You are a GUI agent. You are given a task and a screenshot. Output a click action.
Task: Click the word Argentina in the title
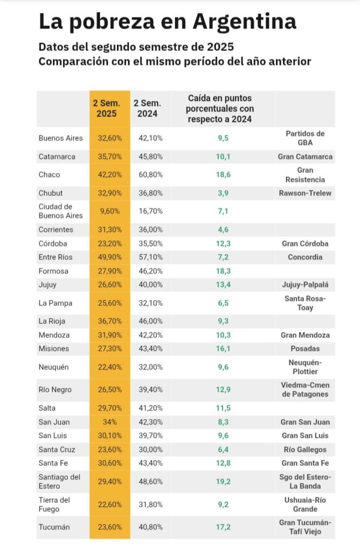(244, 21)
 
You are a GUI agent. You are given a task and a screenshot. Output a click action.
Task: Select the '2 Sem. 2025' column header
(106, 108)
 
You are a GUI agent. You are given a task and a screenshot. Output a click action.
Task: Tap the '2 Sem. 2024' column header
(147, 108)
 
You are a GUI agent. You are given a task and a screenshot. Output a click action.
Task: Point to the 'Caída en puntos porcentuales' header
(220, 108)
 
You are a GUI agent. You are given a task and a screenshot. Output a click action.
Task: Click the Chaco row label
(49, 175)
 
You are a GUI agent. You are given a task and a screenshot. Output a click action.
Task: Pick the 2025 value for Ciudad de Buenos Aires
(110, 211)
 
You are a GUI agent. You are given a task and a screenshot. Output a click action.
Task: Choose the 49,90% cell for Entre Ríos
(110, 257)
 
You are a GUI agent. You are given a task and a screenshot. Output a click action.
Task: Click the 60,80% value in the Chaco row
(150, 175)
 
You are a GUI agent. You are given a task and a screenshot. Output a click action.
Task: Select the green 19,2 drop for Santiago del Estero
(223, 482)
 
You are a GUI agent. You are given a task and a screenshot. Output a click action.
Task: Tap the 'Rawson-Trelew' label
(305, 193)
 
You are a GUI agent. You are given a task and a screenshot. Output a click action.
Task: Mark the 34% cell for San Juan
(110, 422)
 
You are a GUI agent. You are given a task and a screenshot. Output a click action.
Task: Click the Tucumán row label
(54, 527)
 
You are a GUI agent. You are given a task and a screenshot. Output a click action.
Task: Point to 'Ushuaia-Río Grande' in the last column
(305, 504)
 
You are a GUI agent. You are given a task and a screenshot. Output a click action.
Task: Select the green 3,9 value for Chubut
(223, 193)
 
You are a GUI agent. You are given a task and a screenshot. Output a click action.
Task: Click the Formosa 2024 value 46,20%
(150, 271)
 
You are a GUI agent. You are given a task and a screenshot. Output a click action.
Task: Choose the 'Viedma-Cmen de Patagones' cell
(305, 389)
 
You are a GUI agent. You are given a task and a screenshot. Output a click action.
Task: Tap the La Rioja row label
(52, 321)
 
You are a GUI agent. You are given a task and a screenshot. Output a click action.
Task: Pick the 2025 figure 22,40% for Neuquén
(110, 367)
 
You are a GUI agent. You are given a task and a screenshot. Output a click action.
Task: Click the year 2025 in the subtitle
(220, 47)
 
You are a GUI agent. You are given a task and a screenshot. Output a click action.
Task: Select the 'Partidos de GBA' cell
(305, 138)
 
